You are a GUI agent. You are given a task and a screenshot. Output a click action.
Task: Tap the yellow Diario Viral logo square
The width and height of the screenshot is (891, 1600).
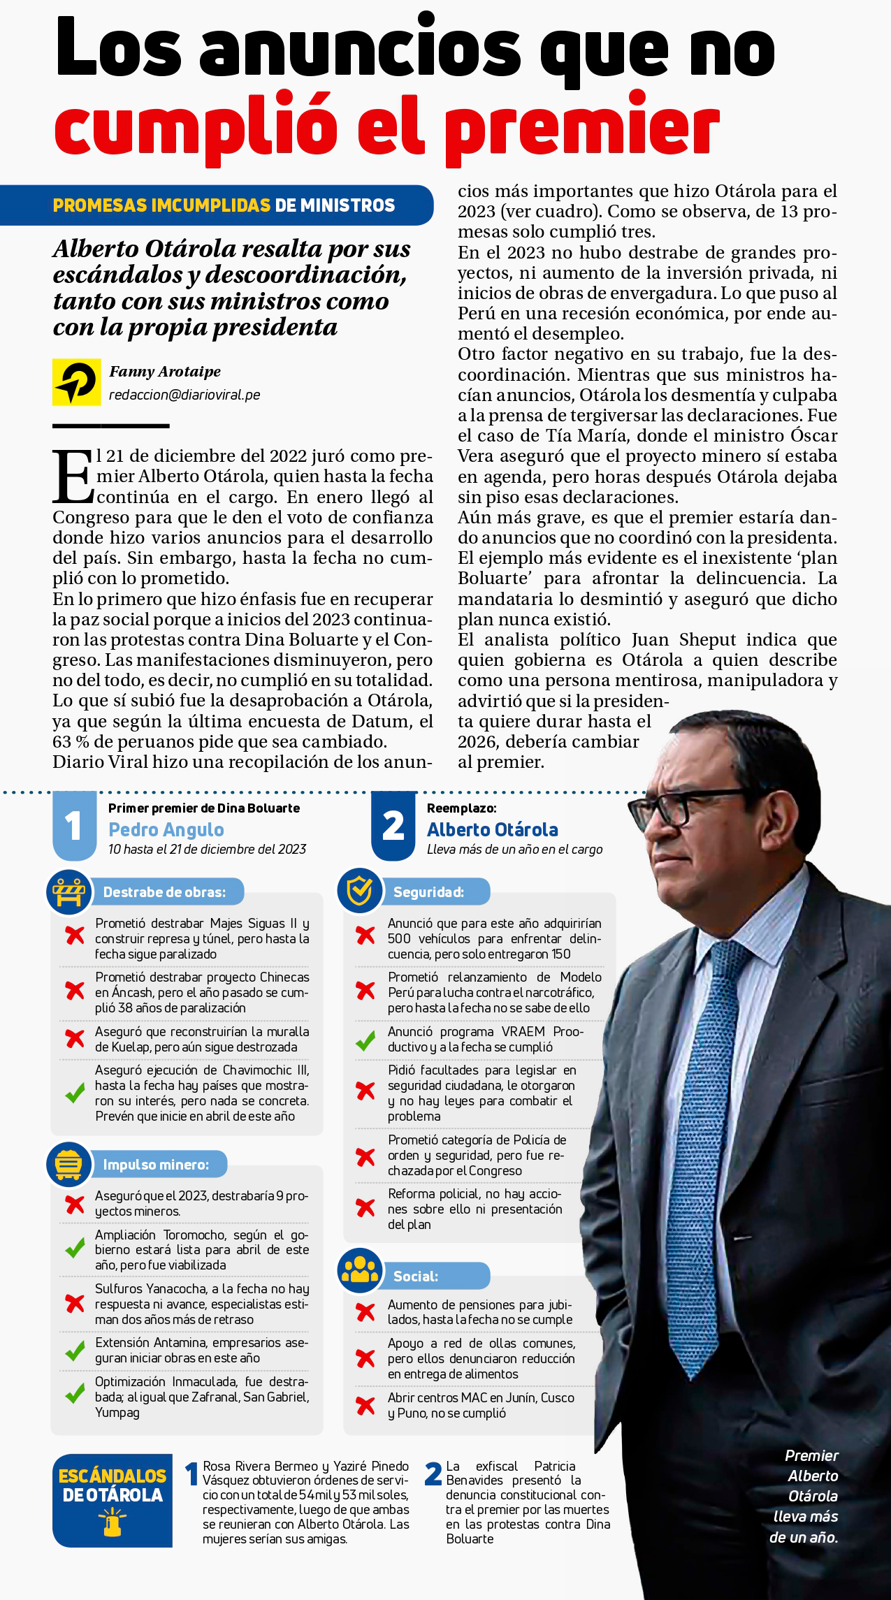76,382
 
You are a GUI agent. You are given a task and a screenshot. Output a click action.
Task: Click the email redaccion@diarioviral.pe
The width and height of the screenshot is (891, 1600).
184,395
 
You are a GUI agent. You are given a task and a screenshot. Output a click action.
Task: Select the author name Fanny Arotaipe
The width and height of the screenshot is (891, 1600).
165,372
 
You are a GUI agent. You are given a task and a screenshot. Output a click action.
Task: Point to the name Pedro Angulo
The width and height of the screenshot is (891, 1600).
166,829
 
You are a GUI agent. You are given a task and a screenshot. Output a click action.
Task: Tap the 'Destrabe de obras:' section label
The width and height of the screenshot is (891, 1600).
164,892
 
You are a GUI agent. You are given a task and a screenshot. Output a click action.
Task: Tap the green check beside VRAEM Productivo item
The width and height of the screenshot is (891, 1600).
365,1040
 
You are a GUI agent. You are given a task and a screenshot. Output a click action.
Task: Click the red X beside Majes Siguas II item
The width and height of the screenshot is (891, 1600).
75,936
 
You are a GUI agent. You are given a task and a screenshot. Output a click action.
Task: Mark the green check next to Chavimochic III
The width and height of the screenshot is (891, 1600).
75,1093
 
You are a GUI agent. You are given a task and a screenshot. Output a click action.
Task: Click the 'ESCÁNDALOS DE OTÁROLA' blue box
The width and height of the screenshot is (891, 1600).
113,1500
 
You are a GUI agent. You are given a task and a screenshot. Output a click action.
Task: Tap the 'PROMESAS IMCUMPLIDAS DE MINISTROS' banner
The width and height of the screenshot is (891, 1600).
224,205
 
